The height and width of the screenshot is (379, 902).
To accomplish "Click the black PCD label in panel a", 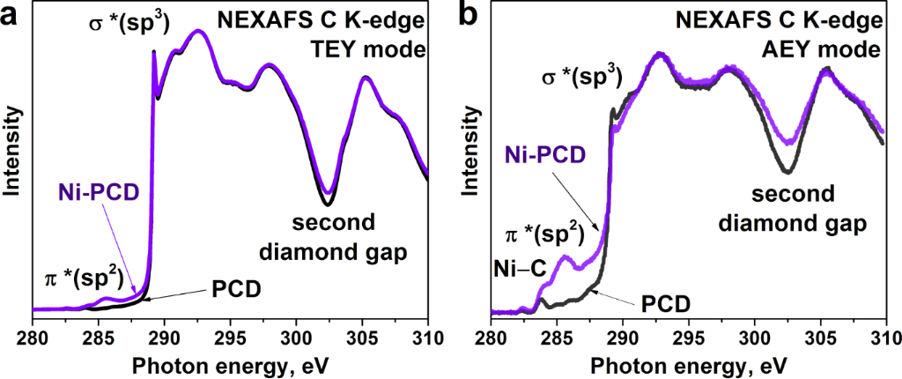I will (x=236, y=288).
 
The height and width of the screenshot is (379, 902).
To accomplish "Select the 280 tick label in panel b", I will (x=491, y=338).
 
